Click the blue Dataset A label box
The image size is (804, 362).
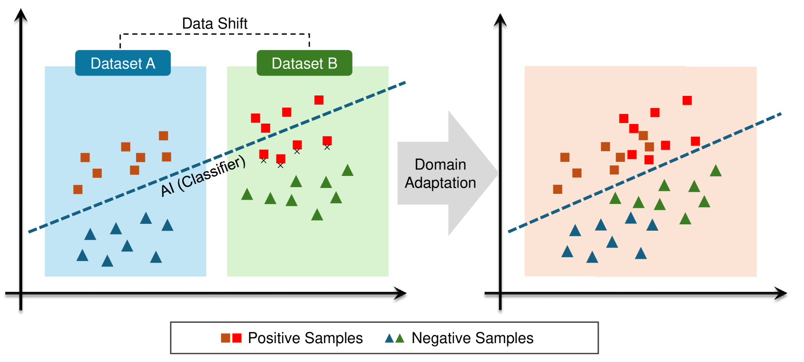point(122,63)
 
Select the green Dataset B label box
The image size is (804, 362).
point(304,63)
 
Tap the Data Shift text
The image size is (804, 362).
point(214,23)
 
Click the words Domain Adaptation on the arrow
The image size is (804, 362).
point(440,173)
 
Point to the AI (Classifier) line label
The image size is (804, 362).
point(203,176)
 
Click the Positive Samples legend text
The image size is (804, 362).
point(305,338)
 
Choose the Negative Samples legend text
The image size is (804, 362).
point(472,338)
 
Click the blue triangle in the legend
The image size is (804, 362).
point(389,338)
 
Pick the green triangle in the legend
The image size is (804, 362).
point(400,338)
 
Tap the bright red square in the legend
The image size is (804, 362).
point(237,338)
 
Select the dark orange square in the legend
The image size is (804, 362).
point(226,338)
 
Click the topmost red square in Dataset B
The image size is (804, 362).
point(319,100)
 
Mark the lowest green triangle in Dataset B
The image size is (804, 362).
point(317,215)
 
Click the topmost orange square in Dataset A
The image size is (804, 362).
point(164,136)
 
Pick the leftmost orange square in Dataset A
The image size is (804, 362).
point(78,189)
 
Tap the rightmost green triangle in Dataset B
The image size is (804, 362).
point(348,170)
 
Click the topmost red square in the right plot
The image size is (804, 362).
point(687,100)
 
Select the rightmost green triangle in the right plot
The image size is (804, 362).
point(715,171)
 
